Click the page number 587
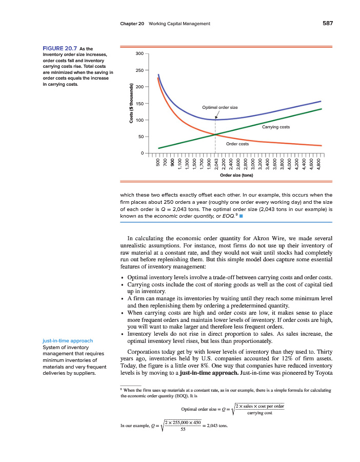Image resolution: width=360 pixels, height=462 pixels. pos(328,24)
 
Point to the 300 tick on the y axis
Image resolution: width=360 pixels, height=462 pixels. pos(139,53)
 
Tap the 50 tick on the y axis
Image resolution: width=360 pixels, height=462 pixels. pos(141,137)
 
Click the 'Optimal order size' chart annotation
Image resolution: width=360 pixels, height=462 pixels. pos(220,107)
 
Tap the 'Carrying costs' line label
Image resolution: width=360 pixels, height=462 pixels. pos(276,127)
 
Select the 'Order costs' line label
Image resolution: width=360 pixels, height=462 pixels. pos(237,144)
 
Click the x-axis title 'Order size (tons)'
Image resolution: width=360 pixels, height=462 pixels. pos(236,175)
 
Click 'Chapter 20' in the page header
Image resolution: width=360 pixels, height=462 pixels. pos(132,24)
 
